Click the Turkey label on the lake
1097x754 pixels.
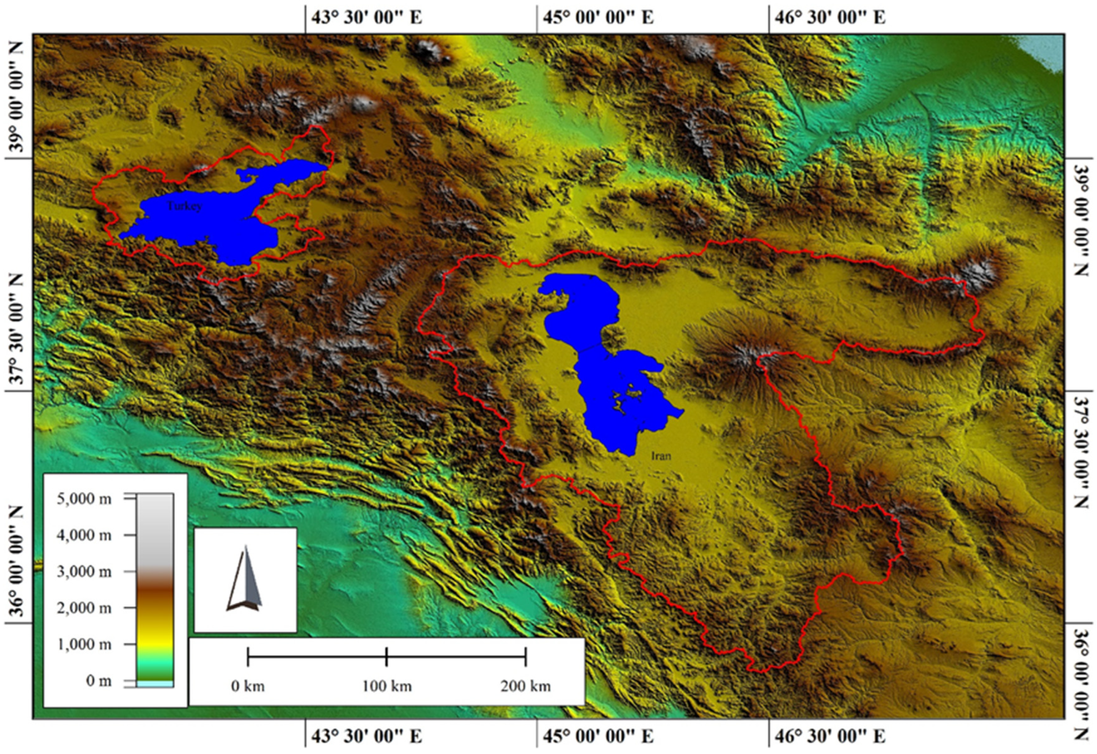(x=184, y=206)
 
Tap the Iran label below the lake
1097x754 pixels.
(x=661, y=456)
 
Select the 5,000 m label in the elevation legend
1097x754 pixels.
(x=84, y=499)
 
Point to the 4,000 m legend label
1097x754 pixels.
(x=84, y=535)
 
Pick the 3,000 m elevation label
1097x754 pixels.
(x=84, y=571)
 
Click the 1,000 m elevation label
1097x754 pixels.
(x=84, y=644)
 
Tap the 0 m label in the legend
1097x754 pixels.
(x=99, y=680)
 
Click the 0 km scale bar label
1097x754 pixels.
(x=248, y=685)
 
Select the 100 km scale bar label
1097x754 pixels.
(x=387, y=685)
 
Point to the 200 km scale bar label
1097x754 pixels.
(x=526, y=685)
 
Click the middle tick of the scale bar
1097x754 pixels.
(x=387, y=656)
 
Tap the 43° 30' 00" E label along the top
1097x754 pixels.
(x=366, y=17)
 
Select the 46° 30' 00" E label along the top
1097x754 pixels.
(x=830, y=17)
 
